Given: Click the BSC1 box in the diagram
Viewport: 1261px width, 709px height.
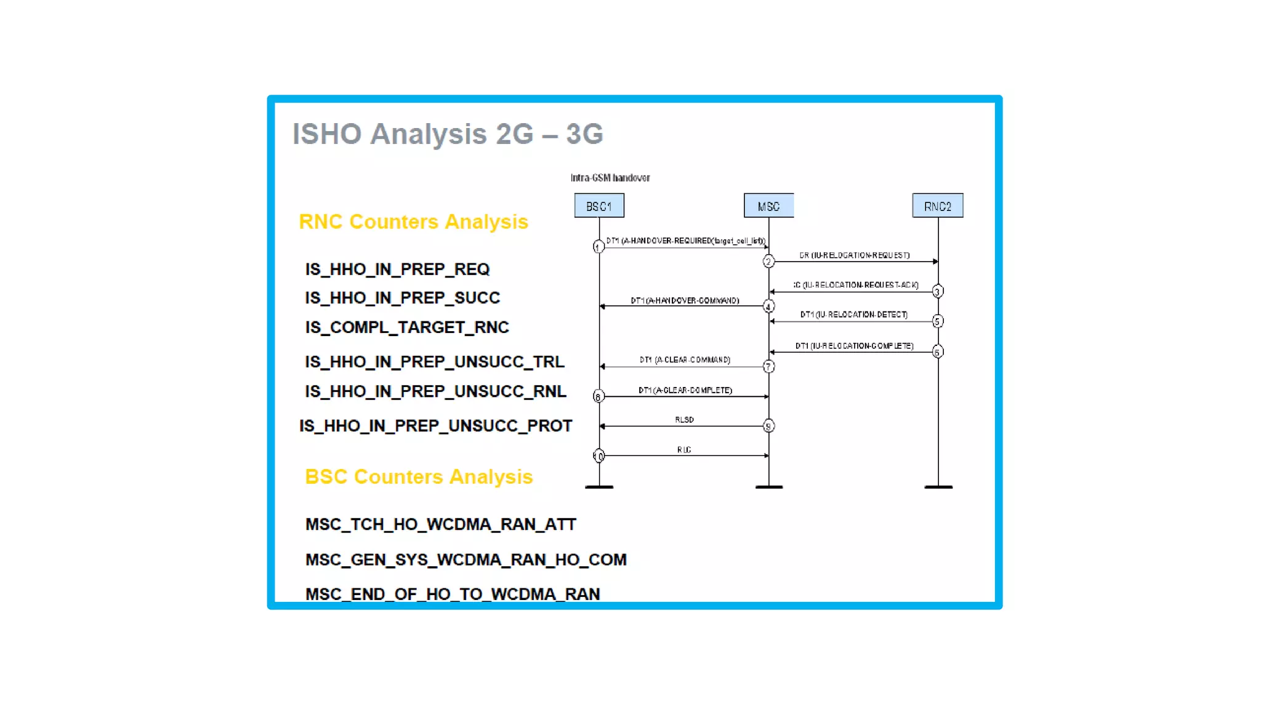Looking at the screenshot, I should (x=598, y=206).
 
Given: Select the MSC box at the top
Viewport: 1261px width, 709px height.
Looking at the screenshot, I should (x=768, y=206).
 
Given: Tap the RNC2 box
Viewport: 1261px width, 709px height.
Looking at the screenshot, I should (x=937, y=206).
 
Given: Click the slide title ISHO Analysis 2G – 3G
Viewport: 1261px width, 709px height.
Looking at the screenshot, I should (x=448, y=134).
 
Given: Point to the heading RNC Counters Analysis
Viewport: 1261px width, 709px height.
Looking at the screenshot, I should (x=413, y=222).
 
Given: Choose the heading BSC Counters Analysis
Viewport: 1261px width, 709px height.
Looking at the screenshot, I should (x=419, y=476).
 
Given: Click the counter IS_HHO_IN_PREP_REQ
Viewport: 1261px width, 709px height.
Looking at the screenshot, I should (x=397, y=269).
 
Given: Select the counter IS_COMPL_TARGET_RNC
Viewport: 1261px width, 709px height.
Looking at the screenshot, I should (x=407, y=327).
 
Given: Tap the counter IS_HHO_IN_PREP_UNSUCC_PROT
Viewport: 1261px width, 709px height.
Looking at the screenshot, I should (x=435, y=425).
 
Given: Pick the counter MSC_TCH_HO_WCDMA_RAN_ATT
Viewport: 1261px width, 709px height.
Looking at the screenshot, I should (x=440, y=524).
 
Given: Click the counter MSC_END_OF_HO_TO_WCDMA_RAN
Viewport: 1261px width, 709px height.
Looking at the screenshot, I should (x=453, y=594).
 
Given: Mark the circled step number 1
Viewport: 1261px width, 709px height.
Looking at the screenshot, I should (x=597, y=247).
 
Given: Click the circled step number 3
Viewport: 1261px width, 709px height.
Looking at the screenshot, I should (x=937, y=291).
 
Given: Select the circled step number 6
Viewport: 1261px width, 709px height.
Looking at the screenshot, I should (x=937, y=352).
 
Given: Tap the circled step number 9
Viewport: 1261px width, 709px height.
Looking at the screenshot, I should (x=768, y=426).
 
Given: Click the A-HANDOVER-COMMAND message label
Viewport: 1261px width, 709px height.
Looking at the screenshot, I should (x=685, y=300).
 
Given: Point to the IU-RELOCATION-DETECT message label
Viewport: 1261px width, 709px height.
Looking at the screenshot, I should (x=853, y=314).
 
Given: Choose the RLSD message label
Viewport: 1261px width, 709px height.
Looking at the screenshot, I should (x=684, y=420).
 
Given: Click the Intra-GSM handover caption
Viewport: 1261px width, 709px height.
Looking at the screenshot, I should (x=610, y=178).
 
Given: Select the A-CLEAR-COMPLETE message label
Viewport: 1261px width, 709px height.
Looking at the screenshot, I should (x=685, y=390).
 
